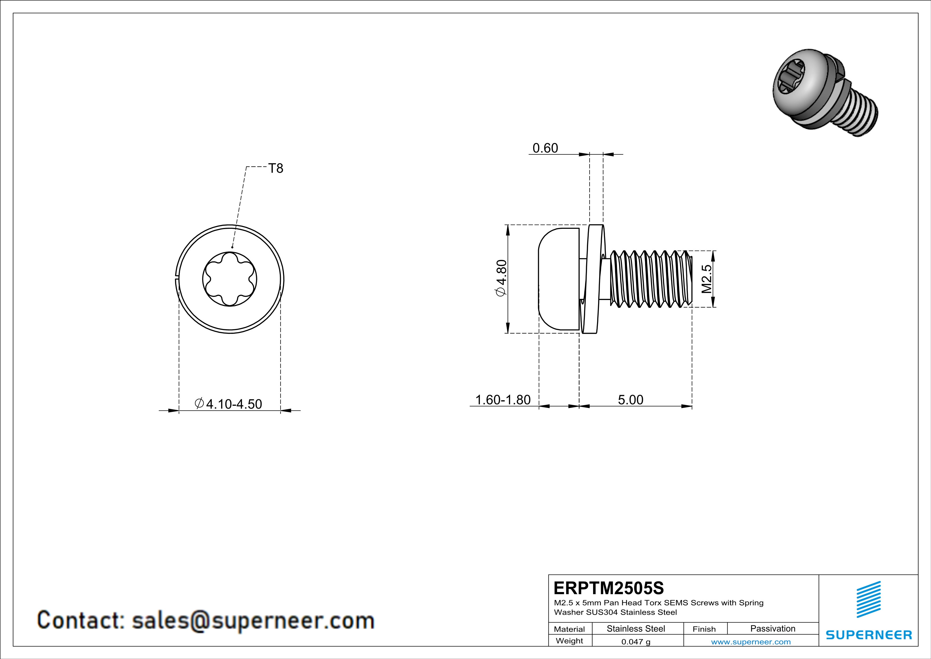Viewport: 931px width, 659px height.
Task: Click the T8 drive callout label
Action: click(276, 168)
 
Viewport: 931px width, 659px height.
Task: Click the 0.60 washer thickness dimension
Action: click(545, 148)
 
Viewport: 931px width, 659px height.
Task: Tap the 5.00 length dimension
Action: click(630, 400)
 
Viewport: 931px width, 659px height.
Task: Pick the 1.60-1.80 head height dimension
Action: click(503, 400)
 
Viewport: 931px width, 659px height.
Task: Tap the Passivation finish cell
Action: click(773, 628)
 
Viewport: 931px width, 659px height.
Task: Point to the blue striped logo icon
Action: click(869, 599)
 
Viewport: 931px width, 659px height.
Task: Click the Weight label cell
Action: click(569, 641)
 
